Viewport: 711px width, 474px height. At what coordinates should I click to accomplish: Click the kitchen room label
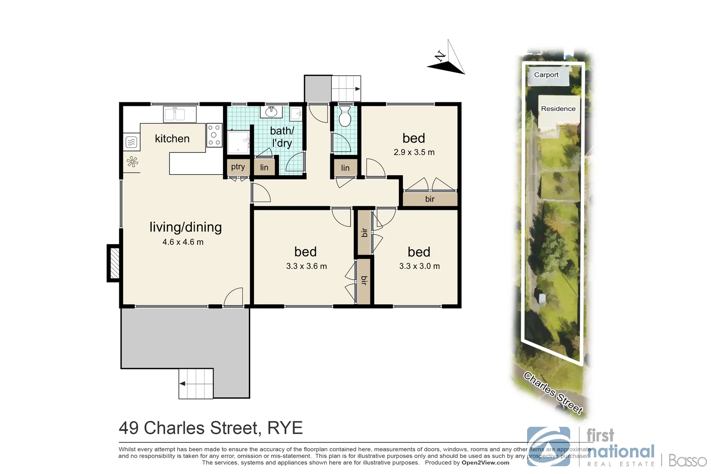click(172, 139)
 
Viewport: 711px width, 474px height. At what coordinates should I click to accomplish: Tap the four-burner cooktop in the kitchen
click(214, 135)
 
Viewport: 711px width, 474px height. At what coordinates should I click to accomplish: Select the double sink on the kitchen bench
click(180, 114)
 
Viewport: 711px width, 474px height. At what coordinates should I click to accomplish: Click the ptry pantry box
click(238, 167)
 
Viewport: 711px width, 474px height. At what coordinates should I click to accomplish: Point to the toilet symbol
click(345, 116)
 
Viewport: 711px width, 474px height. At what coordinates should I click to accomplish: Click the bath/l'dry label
click(282, 136)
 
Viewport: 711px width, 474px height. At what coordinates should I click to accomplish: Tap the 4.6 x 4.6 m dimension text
click(183, 242)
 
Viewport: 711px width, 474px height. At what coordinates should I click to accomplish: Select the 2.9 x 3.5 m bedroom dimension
click(414, 152)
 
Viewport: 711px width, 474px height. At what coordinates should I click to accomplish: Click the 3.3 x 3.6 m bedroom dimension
click(306, 266)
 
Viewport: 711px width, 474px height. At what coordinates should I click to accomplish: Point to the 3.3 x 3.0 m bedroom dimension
click(419, 266)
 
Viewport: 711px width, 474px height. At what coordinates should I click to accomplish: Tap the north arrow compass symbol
click(447, 59)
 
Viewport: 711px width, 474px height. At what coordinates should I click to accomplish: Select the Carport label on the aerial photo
click(546, 75)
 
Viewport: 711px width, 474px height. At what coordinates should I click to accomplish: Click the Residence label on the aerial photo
click(558, 109)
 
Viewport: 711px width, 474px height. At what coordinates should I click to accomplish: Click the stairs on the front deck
click(196, 384)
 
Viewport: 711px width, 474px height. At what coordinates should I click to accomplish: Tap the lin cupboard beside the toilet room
click(345, 168)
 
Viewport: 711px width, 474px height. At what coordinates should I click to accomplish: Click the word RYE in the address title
click(285, 428)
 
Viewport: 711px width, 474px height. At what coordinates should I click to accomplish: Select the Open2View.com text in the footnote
click(485, 463)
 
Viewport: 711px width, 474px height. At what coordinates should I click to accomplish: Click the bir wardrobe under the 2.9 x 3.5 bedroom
click(430, 199)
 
